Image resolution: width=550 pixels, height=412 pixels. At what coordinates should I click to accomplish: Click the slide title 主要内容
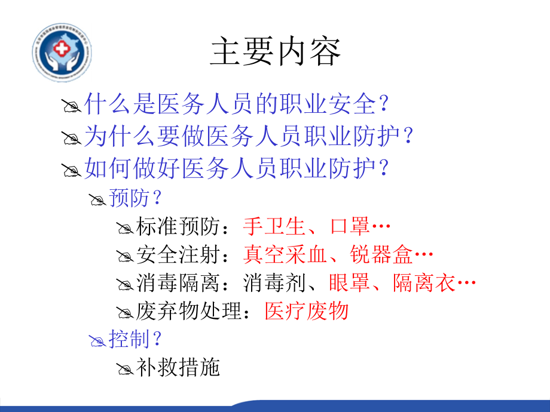[276, 53]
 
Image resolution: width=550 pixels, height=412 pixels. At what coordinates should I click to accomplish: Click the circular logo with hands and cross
[62, 53]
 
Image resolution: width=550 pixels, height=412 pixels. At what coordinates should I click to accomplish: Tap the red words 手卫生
[271, 226]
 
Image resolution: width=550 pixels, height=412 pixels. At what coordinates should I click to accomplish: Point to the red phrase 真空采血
[285, 255]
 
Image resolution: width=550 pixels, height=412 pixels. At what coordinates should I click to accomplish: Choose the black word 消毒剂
[271, 283]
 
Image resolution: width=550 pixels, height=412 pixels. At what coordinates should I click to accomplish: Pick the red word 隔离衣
[424, 283]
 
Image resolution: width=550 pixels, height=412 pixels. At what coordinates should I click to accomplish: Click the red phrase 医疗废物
[306, 311]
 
